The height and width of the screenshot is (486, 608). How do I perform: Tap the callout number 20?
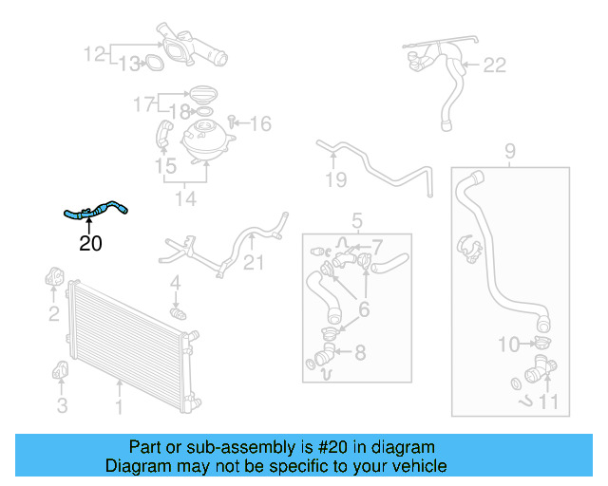(90, 243)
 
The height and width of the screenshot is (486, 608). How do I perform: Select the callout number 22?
(495, 65)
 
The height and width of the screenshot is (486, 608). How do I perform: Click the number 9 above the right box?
(510, 150)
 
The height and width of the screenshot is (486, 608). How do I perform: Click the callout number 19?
(335, 178)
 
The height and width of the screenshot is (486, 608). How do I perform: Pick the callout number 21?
(254, 262)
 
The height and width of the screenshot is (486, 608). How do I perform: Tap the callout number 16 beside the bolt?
(260, 123)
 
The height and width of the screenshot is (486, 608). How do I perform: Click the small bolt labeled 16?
(234, 121)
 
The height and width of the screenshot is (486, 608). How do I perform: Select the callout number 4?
(175, 283)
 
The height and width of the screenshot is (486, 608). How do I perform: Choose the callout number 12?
(95, 54)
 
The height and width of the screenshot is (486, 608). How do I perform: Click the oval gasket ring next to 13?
(150, 64)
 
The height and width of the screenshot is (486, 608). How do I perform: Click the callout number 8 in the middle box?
(359, 353)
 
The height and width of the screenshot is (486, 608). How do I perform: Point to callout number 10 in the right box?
(510, 344)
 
